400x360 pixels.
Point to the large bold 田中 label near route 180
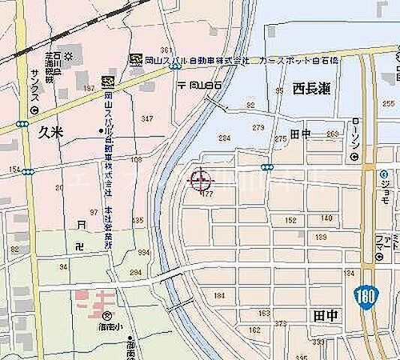pyautogui.click(x=323, y=318)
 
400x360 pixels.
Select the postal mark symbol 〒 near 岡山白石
pyautogui.click(x=181, y=85)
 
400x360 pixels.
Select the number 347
pyautogui.click(x=146, y=118)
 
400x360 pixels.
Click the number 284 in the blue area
pyautogui.click(x=224, y=138)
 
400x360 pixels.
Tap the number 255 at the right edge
pyautogui.click(x=387, y=103)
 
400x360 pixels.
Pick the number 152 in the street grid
pyautogui.click(x=290, y=220)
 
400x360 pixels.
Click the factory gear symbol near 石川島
pyautogui.click(x=69, y=55)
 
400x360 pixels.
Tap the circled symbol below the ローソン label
pyautogui.click(x=355, y=158)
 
